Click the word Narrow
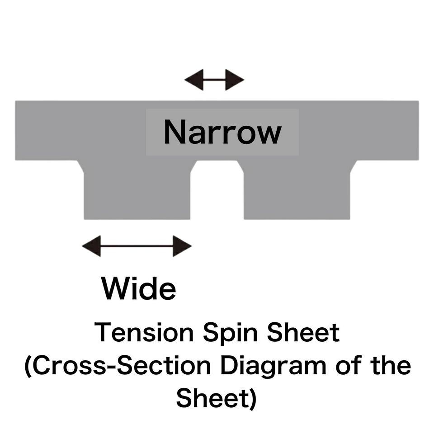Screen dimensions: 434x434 [x=222, y=132]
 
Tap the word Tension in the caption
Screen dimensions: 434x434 [x=144, y=333]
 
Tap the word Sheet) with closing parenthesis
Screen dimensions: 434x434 [x=217, y=398]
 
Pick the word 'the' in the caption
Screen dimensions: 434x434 [x=389, y=365]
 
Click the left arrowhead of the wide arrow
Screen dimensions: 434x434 [x=91, y=246]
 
